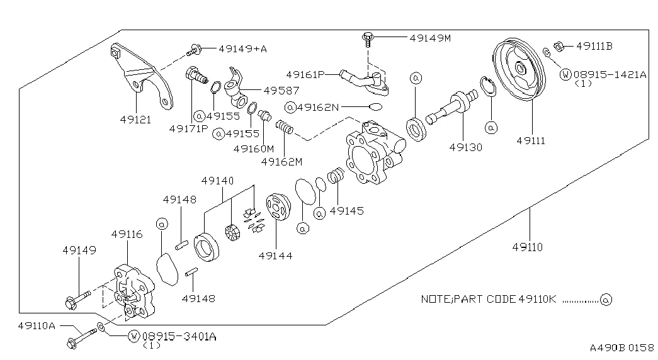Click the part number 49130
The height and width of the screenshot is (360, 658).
tap(466, 148)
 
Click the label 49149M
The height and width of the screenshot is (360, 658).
tap(430, 38)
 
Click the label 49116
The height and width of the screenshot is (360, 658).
tap(127, 235)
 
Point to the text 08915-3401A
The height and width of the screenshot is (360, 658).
tap(179, 336)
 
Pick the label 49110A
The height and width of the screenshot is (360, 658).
tap(37, 325)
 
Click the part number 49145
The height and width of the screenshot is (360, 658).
tap(346, 211)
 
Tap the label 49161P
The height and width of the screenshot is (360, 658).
tap(305, 74)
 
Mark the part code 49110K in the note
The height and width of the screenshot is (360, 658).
tap(535, 299)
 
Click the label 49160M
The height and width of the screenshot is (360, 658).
tap(254, 149)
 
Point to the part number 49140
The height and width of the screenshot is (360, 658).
tap(218, 181)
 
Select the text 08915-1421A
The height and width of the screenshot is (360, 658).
tap(610, 74)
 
